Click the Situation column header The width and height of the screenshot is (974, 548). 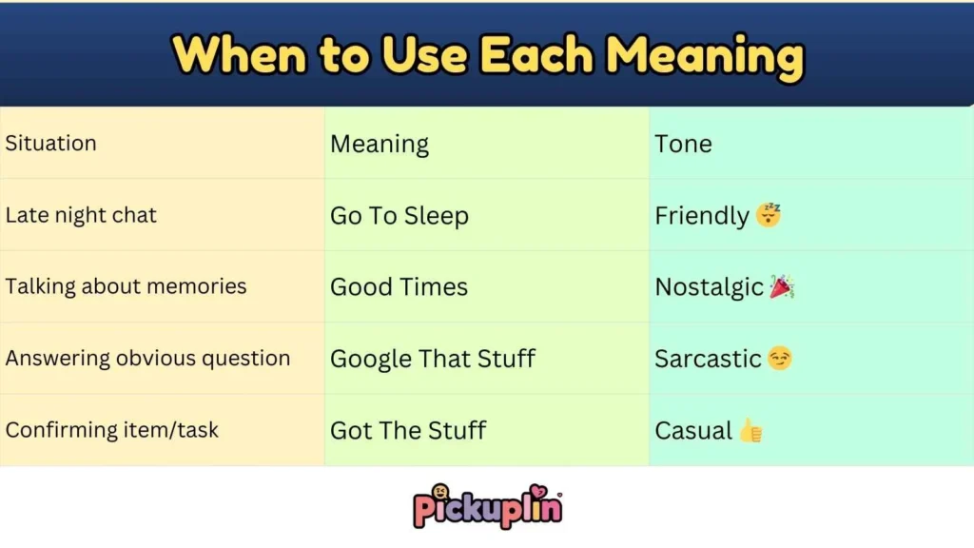51,144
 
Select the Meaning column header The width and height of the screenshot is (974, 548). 380,145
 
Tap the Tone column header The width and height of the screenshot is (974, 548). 683,145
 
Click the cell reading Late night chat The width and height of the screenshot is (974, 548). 81,215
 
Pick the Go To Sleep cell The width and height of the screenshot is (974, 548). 399,216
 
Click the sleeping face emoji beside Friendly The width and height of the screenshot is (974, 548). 769,215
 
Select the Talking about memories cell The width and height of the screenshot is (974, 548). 126,286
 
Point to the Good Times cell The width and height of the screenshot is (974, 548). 399,287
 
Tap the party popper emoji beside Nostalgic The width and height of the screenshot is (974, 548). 782,286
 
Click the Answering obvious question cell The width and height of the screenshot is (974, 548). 147,359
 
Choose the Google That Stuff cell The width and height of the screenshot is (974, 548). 433,359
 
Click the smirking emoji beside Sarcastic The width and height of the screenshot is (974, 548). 780,359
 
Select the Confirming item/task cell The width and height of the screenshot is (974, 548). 112,430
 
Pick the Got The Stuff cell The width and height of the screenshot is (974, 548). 408,430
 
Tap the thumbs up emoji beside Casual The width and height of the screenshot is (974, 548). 751,430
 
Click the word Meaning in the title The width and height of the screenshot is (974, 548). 705,55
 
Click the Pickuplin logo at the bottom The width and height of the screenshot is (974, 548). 487,507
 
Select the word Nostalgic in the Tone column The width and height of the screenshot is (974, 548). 709,287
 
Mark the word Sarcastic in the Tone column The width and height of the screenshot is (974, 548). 708,359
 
